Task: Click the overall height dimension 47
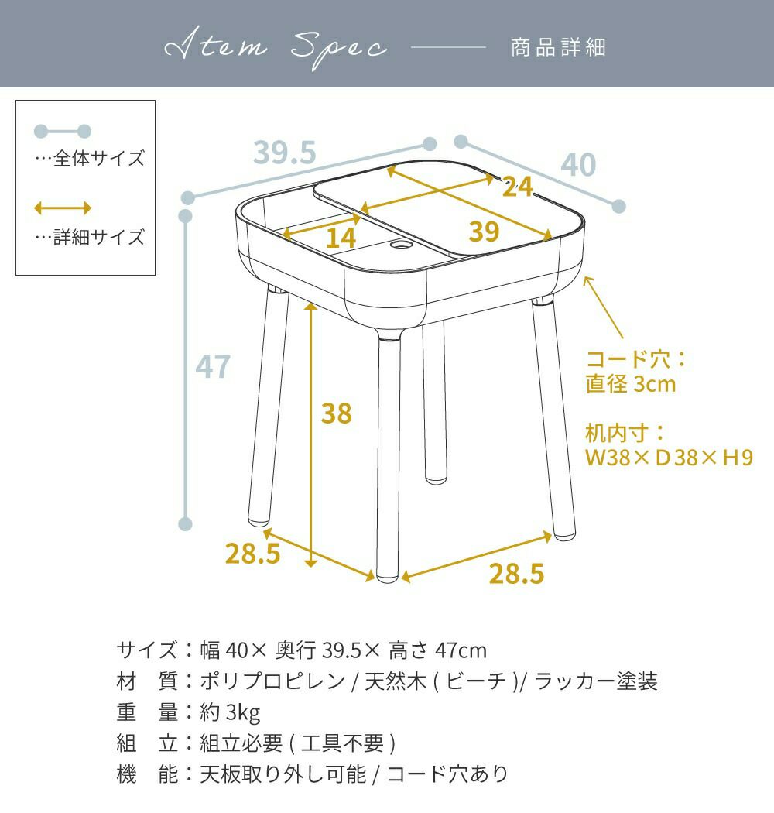213,366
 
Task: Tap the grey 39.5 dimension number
285,153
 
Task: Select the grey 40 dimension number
578,165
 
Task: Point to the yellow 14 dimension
341,238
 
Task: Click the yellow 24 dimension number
517,187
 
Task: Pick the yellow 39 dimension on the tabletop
485,232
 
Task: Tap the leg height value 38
337,413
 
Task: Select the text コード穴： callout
636,359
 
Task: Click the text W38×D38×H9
669,458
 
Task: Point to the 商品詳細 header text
558,48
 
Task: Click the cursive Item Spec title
276,48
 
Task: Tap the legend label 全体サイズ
98,158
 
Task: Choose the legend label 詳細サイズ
98,238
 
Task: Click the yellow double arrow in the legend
63,208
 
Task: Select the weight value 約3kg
230,713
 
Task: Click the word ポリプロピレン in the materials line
272,681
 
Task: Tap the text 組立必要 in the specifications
241,743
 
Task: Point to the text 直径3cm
631,384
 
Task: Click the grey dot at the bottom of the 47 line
185,523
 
